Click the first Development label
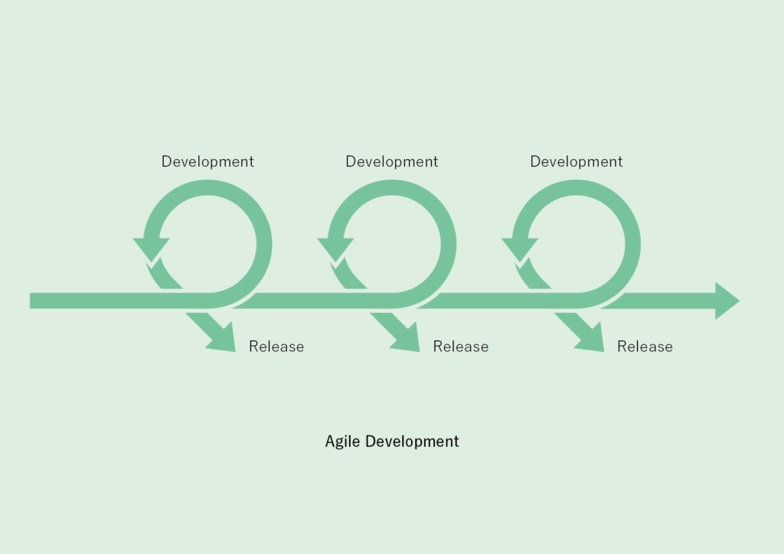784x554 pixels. point(207,162)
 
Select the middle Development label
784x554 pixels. point(392,162)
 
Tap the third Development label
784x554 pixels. point(577,162)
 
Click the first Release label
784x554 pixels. point(276,346)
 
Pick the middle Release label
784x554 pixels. point(461,346)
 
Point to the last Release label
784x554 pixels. point(645,346)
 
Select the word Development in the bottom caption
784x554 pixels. point(412,442)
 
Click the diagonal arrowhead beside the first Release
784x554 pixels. point(223,339)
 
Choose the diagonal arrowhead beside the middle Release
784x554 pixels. point(407,339)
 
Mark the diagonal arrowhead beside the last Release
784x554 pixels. point(592,339)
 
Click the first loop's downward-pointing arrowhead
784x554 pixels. point(151,248)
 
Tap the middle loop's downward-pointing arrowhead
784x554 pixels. point(335,248)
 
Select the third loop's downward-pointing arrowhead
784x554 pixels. point(520,248)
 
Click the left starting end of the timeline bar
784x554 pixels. point(31,301)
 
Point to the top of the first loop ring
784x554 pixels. point(207,187)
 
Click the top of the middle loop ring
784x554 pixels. point(392,187)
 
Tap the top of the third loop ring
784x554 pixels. point(577,187)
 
